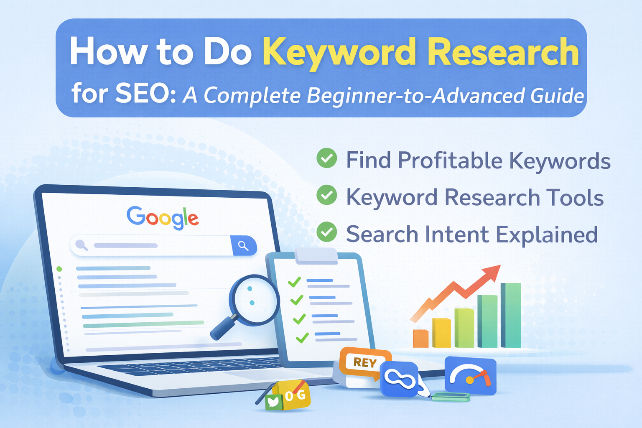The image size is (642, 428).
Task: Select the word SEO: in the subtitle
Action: point(145,94)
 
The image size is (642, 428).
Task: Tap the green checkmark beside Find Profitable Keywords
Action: point(326,158)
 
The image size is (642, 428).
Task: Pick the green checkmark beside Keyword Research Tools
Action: point(326,195)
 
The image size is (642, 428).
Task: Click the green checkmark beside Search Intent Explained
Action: point(326,232)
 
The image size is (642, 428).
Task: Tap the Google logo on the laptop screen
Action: point(163,217)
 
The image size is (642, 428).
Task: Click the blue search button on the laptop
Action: point(243,245)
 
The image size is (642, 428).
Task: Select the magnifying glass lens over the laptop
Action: point(255,299)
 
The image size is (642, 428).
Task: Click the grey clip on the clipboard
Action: point(316,255)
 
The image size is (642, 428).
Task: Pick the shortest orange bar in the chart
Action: point(420,339)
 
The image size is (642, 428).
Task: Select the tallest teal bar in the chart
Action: point(511,315)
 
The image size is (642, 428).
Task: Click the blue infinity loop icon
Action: point(400,379)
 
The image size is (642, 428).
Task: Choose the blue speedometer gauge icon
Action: point(470,376)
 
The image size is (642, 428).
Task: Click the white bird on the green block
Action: point(273,402)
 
